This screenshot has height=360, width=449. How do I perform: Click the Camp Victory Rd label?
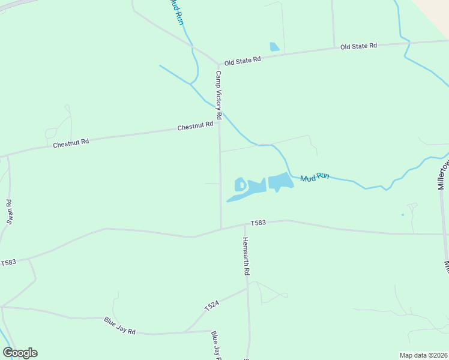coord(218,95)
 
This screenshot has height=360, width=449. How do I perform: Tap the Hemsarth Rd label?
coord(246,256)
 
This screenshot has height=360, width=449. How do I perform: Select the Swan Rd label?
coord(10,212)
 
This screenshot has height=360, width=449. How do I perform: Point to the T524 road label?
coord(211,305)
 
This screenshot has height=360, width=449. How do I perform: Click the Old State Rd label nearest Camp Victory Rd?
coord(243,61)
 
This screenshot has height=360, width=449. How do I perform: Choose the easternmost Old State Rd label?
coord(358,46)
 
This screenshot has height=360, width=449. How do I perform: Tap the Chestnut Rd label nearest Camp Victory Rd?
coord(195,126)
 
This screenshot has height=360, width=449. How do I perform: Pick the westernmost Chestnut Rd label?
coord(71,143)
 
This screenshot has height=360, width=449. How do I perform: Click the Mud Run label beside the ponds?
coord(315,176)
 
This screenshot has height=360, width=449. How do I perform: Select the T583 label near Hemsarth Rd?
coord(258,223)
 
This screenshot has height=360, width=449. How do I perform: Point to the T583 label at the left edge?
coord(8,263)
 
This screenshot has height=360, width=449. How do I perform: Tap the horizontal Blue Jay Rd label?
coord(119,326)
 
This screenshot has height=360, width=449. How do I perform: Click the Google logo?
coord(20,353)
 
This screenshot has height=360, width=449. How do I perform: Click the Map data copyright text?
coord(424,355)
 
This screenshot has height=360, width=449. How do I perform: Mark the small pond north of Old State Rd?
coord(274,47)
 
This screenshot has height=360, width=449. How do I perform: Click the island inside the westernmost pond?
coord(240,185)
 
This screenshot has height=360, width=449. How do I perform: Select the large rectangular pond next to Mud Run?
coord(280,181)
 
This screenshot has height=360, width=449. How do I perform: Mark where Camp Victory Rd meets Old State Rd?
coord(218,64)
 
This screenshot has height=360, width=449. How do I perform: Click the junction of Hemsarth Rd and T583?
coord(244,226)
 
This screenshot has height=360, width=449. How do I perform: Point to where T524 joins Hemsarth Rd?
coord(247,289)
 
